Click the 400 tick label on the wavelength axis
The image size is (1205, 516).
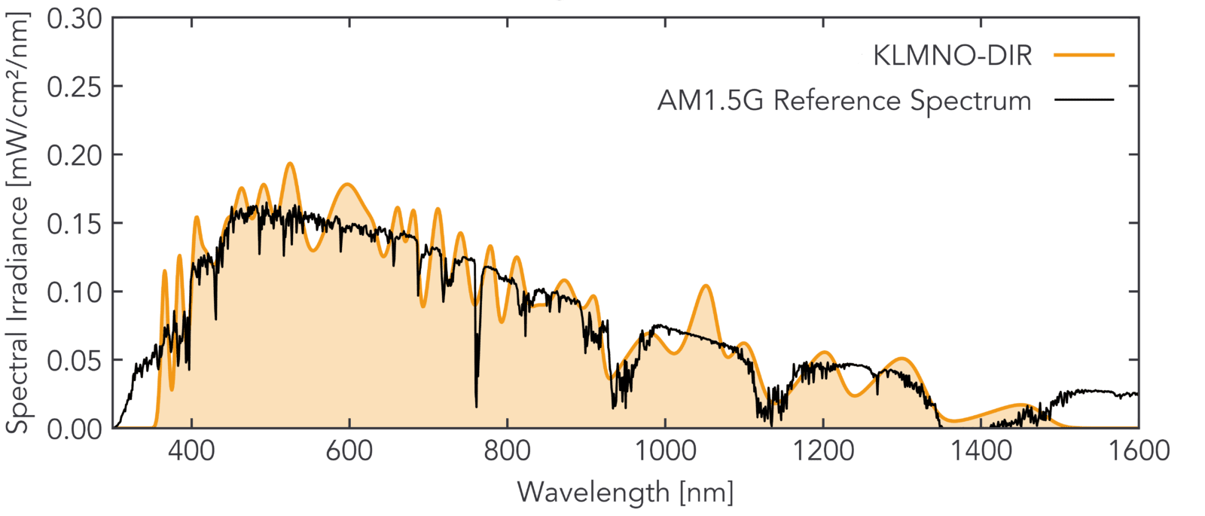(192, 451)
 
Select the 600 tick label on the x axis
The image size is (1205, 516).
(349, 451)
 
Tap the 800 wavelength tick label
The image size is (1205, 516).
(508, 451)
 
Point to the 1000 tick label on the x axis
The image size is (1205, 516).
(665, 451)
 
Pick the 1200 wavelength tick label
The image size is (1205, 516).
(823, 451)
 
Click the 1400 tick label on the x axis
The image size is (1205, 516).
(981, 451)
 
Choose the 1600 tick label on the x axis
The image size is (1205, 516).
(1138, 451)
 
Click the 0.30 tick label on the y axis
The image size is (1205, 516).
(74, 18)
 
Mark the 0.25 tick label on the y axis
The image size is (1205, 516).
(74, 87)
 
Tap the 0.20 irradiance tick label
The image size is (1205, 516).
(74, 155)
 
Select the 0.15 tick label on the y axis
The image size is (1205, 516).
(74, 224)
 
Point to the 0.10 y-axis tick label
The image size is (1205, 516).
(74, 292)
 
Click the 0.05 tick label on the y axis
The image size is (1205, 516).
(74, 361)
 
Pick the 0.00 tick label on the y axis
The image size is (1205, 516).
(74, 429)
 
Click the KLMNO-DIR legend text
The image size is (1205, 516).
(952, 56)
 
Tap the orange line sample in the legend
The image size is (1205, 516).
(1084, 55)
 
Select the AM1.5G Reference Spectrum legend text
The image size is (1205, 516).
(844, 100)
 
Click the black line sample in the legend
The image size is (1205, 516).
(1084, 99)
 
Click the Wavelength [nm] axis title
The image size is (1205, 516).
(625, 493)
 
